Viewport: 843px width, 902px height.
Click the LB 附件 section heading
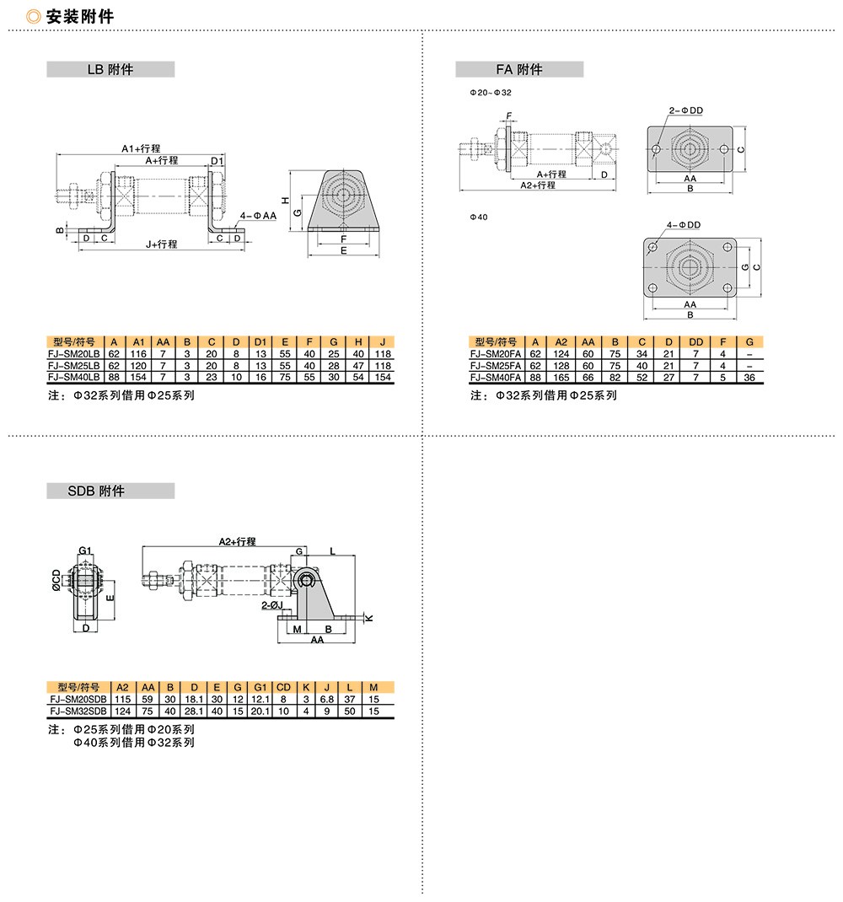click(x=110, y=70)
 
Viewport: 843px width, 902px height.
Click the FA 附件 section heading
click(x=519, y=70)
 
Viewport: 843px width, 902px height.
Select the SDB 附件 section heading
click(x=96, y=491)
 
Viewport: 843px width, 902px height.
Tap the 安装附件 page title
click(x=80, y=17)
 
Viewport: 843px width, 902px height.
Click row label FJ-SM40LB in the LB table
click(x=73, y=378)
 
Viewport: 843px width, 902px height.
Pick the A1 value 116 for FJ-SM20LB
click(x=138, y=354)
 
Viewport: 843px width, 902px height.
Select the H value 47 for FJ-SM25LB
click(x=358, y=366)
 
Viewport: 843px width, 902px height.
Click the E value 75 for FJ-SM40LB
click(x=285, y=378)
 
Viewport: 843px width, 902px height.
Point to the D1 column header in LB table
click(x=260, y=342)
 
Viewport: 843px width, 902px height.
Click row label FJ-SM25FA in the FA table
click(x=496, y=366)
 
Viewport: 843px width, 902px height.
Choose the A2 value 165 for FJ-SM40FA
click(x=561, y=378)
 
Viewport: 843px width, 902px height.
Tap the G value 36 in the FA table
click(x=749, y=378)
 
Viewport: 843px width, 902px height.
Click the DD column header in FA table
click(x=695, y=342)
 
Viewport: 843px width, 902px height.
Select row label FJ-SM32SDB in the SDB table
click(x=78, y=711)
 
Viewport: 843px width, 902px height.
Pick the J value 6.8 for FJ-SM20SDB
click(x=327, y=700)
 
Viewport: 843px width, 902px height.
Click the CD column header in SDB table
click(x=284, y=687)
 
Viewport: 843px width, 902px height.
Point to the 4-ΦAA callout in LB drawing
click(x=258, y=216)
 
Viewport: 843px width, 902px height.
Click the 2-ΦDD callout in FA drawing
click(x=686, y=110)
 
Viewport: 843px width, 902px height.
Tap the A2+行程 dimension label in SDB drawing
click(x=237, y=542)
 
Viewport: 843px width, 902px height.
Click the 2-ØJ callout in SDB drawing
click(x=272, y=606)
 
